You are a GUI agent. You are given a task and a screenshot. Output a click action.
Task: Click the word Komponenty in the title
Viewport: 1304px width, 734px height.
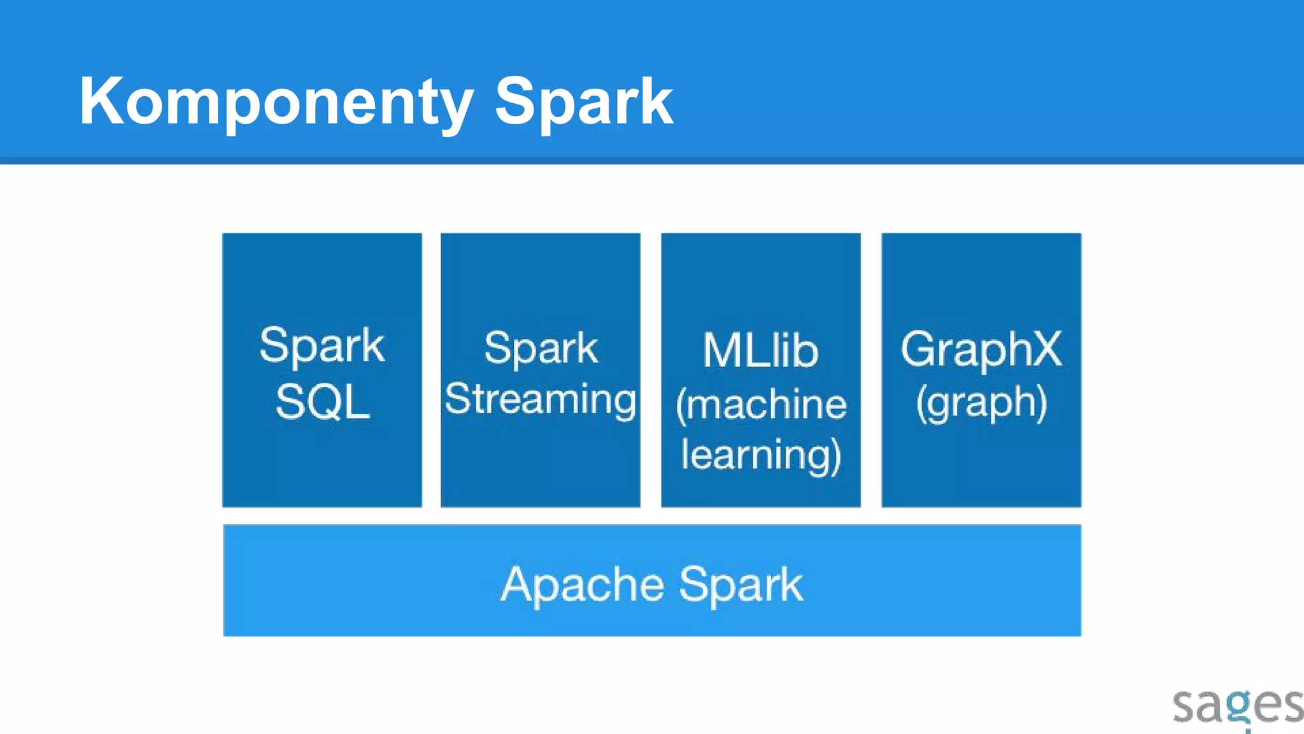point(276,102)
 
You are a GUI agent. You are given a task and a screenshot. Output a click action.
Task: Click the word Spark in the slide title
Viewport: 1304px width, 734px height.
point(583,102)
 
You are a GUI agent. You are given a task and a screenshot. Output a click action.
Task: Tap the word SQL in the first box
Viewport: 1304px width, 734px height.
point(322,402)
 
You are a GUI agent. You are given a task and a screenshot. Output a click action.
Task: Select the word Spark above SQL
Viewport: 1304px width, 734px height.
point(322,346)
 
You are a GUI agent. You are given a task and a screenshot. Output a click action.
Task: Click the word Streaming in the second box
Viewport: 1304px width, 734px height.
point(540,399)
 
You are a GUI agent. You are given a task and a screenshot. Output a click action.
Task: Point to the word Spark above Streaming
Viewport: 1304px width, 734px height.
point(541,349)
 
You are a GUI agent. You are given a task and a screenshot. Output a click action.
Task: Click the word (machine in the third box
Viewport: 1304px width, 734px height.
point(761,405)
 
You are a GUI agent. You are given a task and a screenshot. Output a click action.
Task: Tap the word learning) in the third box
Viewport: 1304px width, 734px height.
point(761,455)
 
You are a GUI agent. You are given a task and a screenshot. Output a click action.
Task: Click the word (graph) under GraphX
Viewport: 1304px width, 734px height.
point(981,403)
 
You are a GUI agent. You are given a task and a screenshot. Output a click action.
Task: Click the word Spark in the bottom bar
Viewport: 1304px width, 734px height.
point(741,584)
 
